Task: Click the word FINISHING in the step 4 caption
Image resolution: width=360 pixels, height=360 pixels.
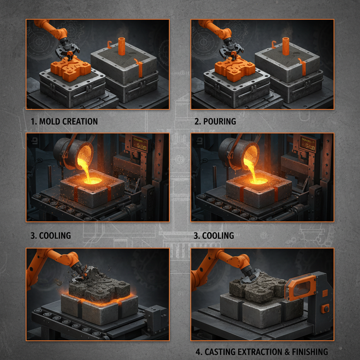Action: click(x=309, y=352)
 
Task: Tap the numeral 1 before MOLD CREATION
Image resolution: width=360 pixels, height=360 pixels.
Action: click(x=33, y=122)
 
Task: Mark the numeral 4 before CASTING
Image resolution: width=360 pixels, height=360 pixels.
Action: click(x=198, y=352)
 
